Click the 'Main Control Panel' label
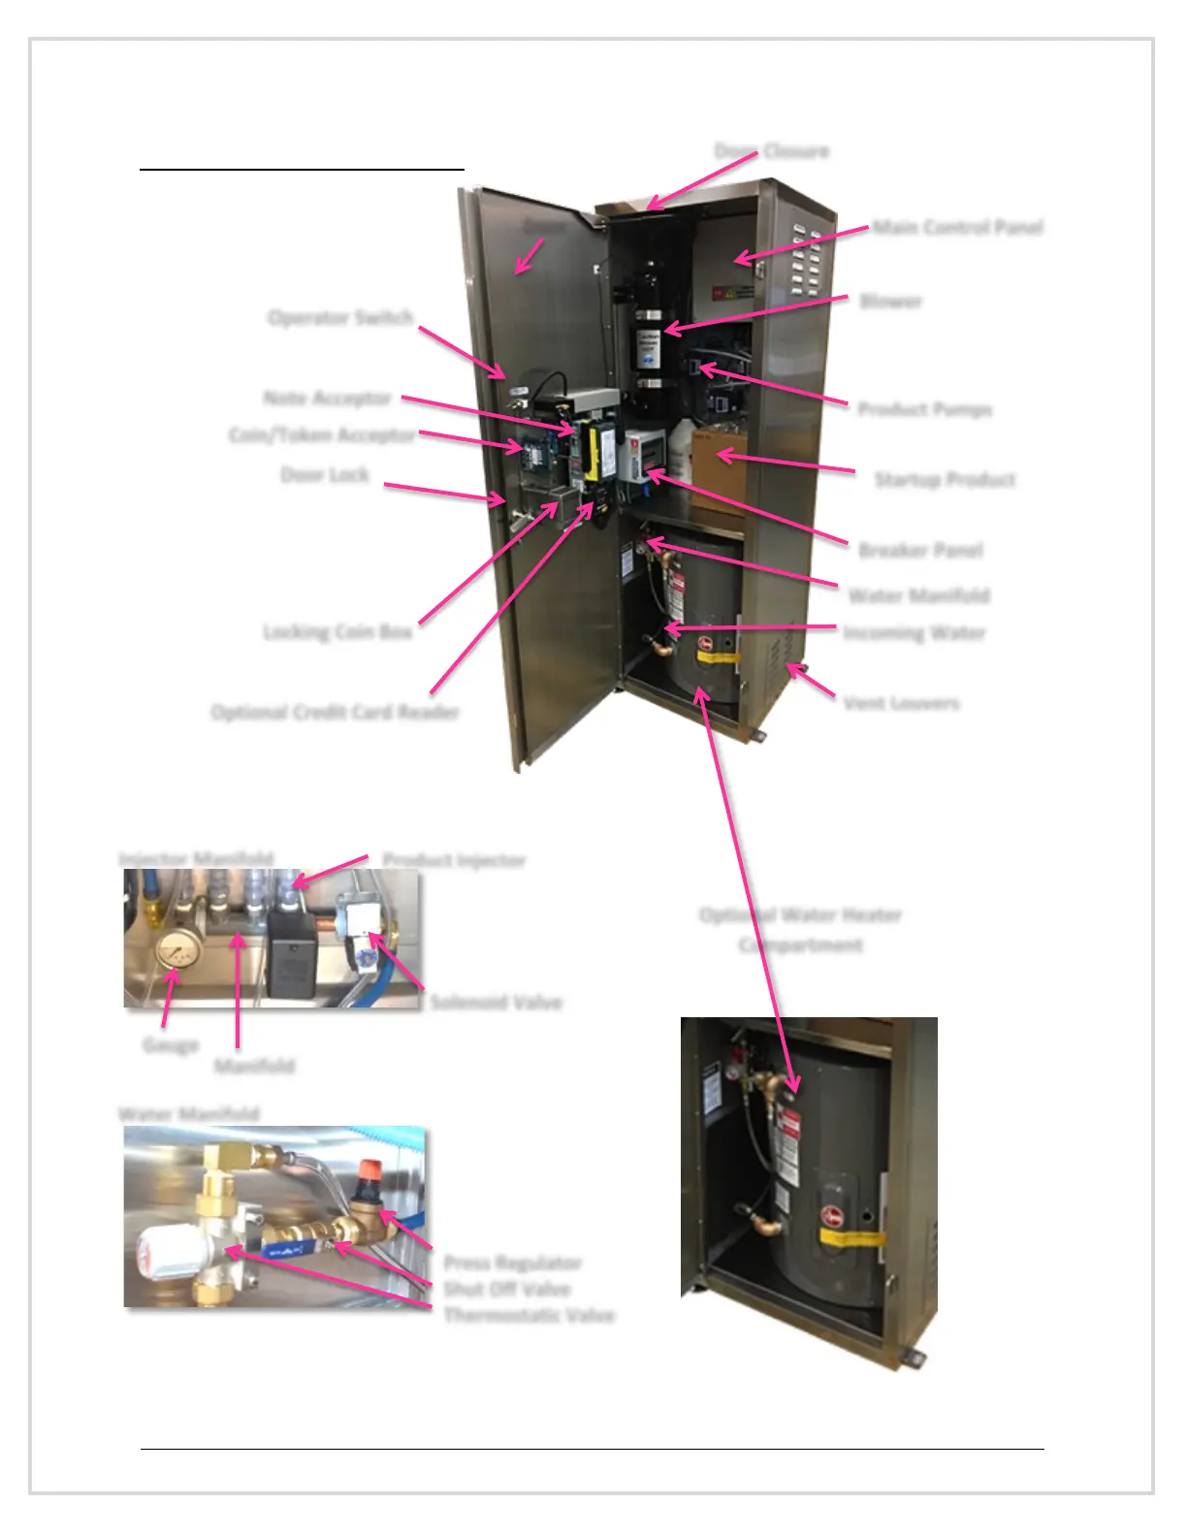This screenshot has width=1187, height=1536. pos(957,228)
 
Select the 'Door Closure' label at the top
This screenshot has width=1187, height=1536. pos(772,151)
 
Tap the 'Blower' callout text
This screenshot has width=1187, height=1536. pos(890,302)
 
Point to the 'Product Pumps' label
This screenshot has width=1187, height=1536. pos(924,409)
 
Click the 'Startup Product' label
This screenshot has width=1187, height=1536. pos(945,480)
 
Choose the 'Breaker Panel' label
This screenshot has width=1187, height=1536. pos(920,551)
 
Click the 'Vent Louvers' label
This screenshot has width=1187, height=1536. pos(901,703)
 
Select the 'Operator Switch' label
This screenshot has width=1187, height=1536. pos(340,318)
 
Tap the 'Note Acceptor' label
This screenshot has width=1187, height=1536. pos(327,399)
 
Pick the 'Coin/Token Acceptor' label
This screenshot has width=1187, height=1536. pos(322,435)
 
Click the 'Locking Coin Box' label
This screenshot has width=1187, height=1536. pos(337,632)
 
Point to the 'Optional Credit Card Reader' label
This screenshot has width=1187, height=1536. pos(335,713)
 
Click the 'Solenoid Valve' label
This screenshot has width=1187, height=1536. pos(496,1002)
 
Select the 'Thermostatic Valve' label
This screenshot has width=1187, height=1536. pos(529,1316)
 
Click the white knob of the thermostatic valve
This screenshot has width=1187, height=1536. pos(166,1255)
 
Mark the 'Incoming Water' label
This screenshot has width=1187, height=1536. pos(914,633)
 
